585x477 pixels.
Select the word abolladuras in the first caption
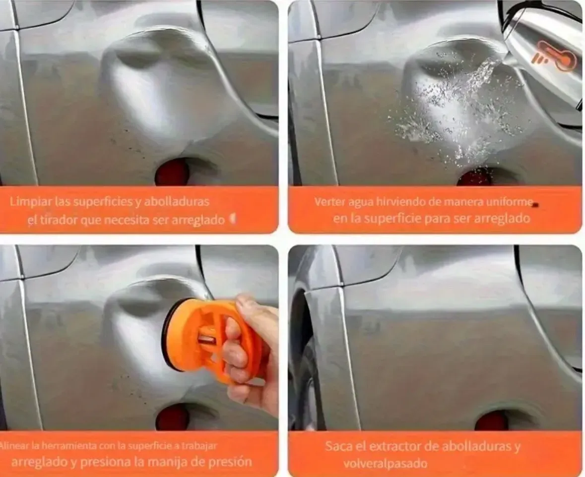click(177, 202)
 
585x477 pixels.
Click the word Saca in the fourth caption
click(337, 446)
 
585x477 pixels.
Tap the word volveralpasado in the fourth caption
click(386, 464)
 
